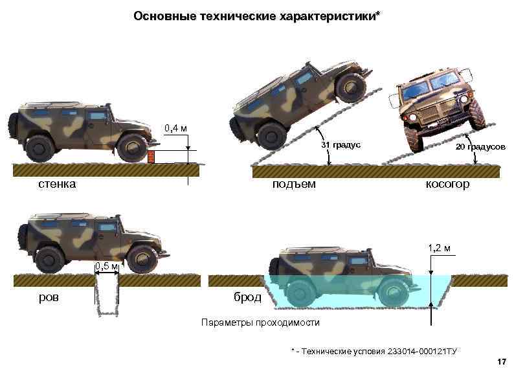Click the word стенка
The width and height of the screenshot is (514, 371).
coord(56,184)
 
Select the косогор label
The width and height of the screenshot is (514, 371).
coord(447,185)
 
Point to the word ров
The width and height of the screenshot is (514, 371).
coord(48,297)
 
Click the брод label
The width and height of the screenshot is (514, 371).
coord(247,297)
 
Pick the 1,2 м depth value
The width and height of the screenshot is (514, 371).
coord(439,248)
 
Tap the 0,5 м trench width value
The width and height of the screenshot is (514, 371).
coord(106,266)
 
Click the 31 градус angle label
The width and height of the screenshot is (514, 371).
coord(341,146)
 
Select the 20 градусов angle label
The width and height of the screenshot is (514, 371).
coord(480,147)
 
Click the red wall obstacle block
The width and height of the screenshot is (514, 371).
coord(152,157)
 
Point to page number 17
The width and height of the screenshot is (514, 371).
coord(500,360)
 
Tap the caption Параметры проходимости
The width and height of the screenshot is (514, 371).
coord(260,322)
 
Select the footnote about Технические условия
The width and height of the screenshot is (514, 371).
coord(374,350)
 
